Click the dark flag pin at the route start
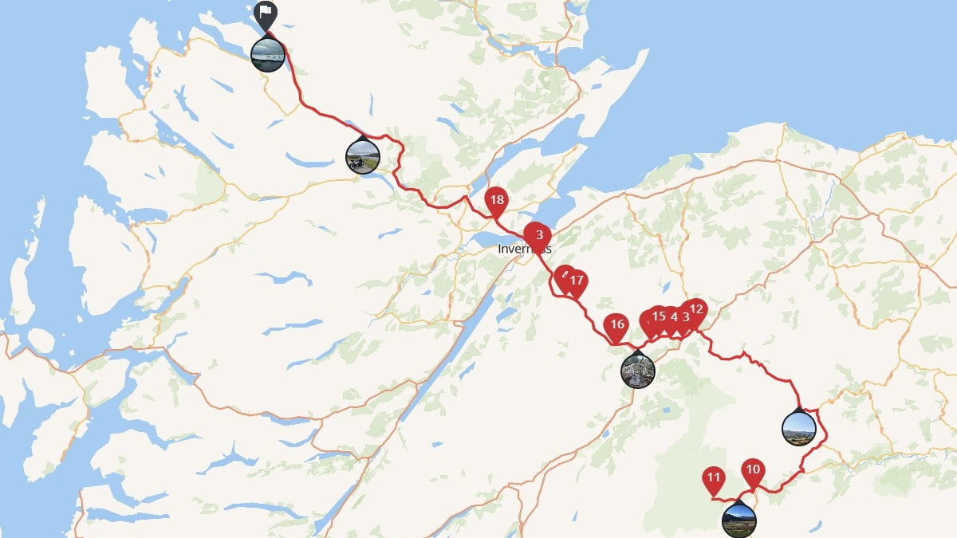click(266, 14)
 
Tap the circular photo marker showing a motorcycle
click(362, 156)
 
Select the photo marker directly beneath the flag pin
click(267, 54)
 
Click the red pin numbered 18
click(497, 201)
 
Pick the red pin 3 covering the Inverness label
click(538, 235)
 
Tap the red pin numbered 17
click(576, 281)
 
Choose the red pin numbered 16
click(616, 325)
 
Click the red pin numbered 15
click(659, 316)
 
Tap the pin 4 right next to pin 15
click(674, 317)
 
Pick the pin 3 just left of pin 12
click(685, 317)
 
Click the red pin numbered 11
click(714, 481)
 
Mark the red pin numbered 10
click(752, 470)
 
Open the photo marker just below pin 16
click(638, 370)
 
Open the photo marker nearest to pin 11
click(738, 520)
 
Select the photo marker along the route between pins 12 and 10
click(799, 428)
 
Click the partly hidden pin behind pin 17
click(563, 276)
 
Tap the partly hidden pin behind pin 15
click(647, 321)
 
